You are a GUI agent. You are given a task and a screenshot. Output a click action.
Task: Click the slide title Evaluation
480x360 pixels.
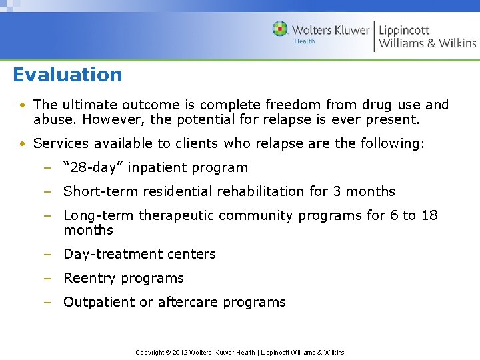67,74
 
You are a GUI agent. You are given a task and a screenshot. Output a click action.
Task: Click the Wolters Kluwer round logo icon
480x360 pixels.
280,29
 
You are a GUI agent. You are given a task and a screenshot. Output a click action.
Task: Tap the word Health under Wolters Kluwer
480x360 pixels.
305,41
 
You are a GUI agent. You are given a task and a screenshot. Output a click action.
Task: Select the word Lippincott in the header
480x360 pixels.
404,30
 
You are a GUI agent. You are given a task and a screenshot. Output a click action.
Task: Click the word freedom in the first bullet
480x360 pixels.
289,105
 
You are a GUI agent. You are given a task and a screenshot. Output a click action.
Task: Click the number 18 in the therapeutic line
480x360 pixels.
430,215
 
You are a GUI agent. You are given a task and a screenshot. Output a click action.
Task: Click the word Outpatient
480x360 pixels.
99,302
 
